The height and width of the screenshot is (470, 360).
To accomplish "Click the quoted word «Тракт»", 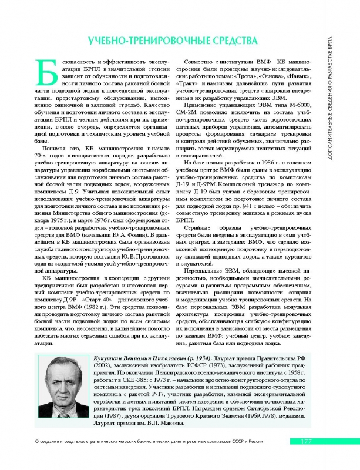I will click(194, 85).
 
